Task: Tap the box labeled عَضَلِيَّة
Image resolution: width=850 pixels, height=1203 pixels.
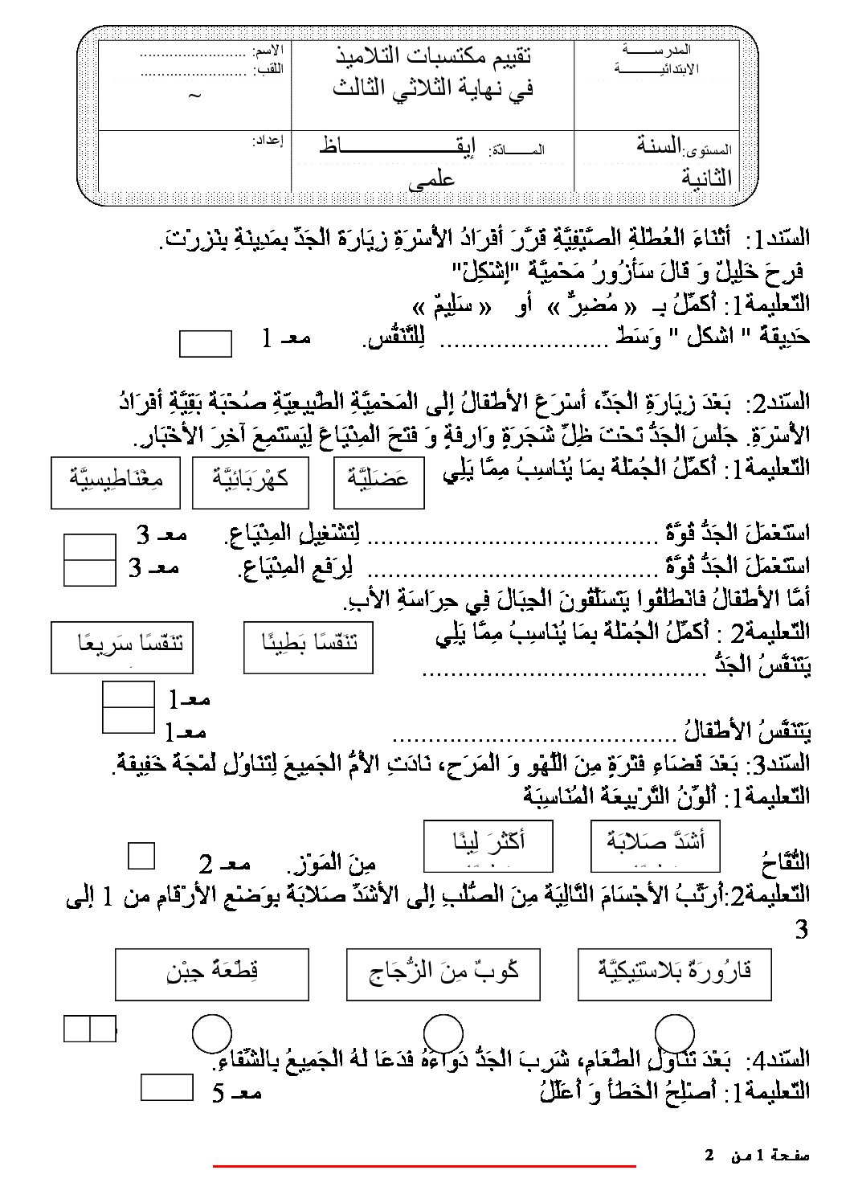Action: tap(378, 482)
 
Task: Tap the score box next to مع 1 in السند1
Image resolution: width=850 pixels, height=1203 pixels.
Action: tap(205, 343)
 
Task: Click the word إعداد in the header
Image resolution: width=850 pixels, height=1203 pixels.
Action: tap(269, 139)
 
